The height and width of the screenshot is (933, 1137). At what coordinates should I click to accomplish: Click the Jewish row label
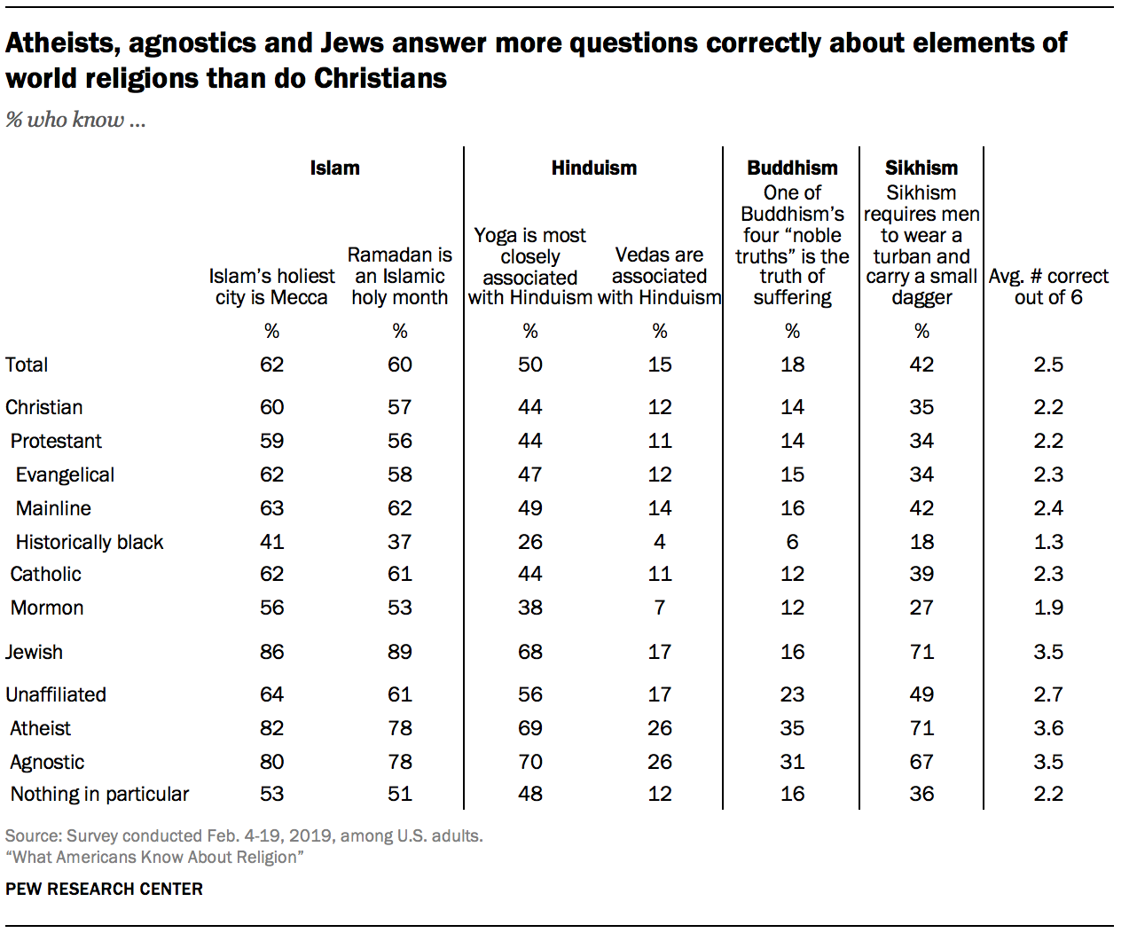[34, 652]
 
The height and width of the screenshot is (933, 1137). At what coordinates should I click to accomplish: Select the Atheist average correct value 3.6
[1047, 728]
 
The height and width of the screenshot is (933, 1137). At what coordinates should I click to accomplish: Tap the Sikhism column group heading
[921, 168]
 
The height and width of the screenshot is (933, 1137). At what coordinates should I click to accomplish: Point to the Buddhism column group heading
[792, 168]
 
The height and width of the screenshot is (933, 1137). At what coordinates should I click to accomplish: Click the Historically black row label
[90, 542]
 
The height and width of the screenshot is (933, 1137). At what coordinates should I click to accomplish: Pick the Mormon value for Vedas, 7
[659, 608]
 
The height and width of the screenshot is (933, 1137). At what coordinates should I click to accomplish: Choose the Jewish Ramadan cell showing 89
[399, 652]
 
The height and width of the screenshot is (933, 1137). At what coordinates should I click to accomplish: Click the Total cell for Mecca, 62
[271, 365]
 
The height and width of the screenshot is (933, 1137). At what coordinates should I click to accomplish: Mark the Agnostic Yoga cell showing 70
[529, 762]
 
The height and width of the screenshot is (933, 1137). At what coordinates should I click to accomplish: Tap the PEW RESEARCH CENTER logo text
[104, 889]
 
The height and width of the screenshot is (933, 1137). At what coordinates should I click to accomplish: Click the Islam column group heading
[334, 168]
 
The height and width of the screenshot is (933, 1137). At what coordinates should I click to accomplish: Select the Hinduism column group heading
[593, 168]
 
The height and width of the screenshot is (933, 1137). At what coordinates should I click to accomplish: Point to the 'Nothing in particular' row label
[99, 794]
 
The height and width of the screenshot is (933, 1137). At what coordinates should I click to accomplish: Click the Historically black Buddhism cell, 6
[792, 542]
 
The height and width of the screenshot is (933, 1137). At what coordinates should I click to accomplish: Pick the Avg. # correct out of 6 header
[1048, 286]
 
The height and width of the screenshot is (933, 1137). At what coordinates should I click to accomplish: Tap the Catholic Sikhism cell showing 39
[921, 574]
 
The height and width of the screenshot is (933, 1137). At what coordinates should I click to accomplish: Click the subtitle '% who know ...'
[75, 120]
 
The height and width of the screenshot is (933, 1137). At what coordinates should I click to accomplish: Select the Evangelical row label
[65, 474]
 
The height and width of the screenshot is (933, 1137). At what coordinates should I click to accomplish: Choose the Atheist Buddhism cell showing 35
[792, 728]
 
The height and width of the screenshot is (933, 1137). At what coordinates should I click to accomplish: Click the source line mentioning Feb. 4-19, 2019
[244, 835]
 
